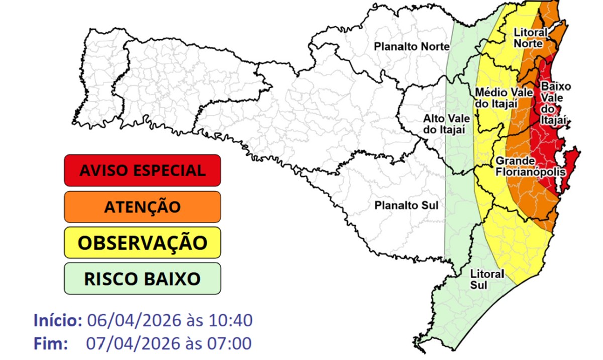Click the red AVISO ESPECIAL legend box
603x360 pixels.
[142, 170]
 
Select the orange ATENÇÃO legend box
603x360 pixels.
[142, 206]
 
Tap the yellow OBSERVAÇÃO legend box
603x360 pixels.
[142, 242]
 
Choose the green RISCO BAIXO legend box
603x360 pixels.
[142, 279]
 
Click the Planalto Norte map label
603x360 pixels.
[411, 47]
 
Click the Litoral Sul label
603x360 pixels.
[486, 279]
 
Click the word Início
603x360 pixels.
[58, 320]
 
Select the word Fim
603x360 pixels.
[51, 344]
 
